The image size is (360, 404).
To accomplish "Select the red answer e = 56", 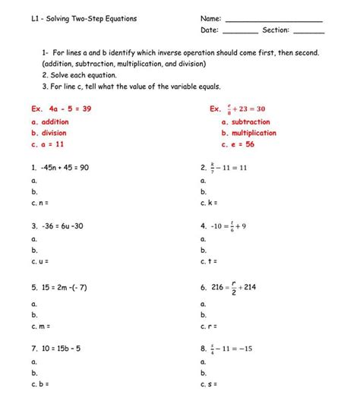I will pyautogui.click(x=240, y=144).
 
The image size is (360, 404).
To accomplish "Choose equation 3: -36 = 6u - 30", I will pyautogui.click(x=58, y=226).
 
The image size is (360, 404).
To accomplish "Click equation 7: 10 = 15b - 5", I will pyautogui.click(x=58, y=349).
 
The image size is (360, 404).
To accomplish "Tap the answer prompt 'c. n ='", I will pyautogui.click(x=40, y=204).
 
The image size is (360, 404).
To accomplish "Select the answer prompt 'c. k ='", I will pyautogui.click(x=209, y=204).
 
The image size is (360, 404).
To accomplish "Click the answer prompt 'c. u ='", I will pyautogui.click(x=40, y=262).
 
